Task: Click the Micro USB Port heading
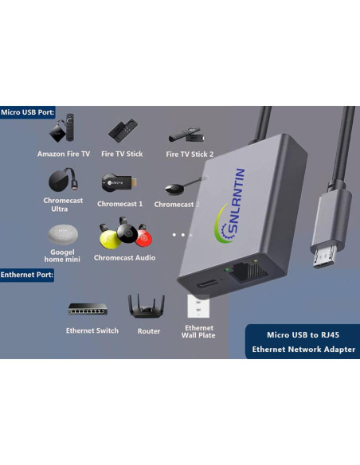(28, 113)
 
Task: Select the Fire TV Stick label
(123, 154)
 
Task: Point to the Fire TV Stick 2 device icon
(188, 135)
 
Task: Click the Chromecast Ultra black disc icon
(62, 180)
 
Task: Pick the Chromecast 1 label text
(119, 204)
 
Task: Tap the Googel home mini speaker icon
(62, 235)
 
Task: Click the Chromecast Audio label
(124, 258)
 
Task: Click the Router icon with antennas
(147, 306)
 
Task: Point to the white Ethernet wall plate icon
(198, 307)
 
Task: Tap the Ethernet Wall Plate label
(198, 332)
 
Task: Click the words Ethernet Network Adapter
(303, 350)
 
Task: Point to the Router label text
(148, 331)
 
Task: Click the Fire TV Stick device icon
(123, 131)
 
